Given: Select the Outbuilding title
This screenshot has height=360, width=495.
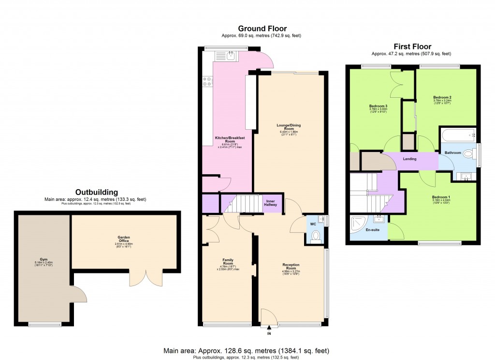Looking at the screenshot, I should pos(96,192).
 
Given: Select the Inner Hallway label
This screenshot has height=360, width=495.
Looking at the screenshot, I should pos(270,203).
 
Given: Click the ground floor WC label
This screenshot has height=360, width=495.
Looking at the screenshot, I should pos(313,224).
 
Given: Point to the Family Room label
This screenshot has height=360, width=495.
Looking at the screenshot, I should pos(228,262).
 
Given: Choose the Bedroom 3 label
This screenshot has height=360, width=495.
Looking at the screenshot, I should pos(379,106).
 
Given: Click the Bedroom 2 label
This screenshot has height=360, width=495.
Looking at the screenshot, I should pos(442,97).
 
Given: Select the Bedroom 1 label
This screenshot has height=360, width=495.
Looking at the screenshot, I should pos(441,197).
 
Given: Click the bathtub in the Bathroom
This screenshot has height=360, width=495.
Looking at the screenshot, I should pos(457,134).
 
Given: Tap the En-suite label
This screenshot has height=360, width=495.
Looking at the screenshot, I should pos(372,230).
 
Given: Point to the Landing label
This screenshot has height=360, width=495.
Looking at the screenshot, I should pos(409,159).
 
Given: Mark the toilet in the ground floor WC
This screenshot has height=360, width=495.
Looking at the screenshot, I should pos(316,236).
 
